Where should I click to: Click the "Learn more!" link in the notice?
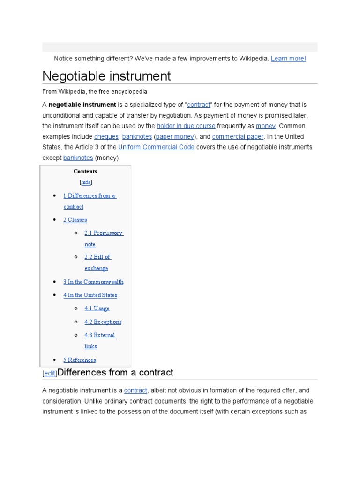pos(288,59)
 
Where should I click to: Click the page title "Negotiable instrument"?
pos(106,76)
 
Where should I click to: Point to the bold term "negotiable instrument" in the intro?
pos(82,105)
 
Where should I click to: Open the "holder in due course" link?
pos(186,126)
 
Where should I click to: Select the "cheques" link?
pos(106,137)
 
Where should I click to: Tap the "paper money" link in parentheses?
pos(175,137)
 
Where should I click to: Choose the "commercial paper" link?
pos(238,137)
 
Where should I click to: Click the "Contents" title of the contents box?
pos(85,172)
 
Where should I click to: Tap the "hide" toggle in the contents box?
pos(86,182)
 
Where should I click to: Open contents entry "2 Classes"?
pos(75,220)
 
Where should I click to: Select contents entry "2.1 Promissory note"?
pos(104,233)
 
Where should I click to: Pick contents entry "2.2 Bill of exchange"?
pos(97,257)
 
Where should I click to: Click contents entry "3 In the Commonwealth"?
pos(93,282)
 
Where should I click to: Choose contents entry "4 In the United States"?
pos(90,295)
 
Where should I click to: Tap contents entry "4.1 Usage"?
pos(97,308)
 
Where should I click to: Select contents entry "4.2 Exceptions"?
pos(103,322)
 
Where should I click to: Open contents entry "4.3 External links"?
pos(100,336)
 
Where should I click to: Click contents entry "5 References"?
pos(79,360)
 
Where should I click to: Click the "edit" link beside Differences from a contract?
pos(50,374)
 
